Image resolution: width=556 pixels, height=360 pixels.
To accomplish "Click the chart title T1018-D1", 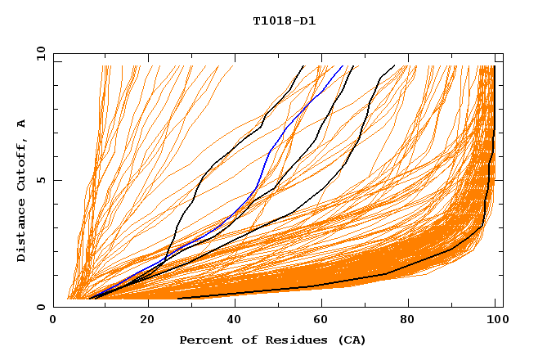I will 284,20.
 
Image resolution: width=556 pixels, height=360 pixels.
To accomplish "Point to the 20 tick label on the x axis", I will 148,322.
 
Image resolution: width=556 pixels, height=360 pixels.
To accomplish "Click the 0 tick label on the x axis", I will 54,322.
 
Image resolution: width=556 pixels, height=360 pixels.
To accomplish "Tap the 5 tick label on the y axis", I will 40,180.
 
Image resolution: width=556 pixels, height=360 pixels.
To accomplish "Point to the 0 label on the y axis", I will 40,307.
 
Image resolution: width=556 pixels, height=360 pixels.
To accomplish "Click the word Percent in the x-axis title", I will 204,340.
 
